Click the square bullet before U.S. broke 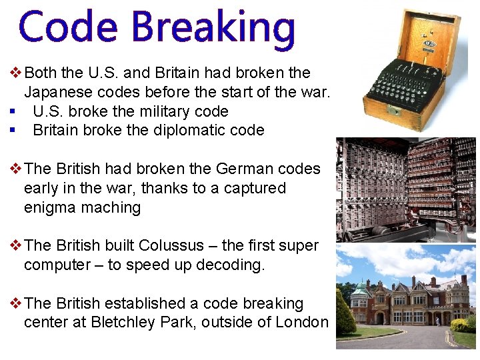13,111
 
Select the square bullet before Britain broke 13,130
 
